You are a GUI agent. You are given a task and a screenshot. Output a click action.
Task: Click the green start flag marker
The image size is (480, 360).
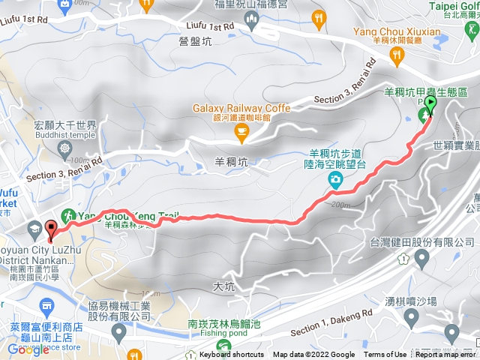click(430, 105)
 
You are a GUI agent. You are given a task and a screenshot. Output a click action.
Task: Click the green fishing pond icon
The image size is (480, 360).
click(223, 346)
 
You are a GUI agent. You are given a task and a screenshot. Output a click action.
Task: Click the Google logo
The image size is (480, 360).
click(28, 349)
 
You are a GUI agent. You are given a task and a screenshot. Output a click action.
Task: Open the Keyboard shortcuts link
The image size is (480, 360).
click(232, 355)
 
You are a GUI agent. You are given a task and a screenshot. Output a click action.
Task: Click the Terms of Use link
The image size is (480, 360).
click(385, 355)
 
